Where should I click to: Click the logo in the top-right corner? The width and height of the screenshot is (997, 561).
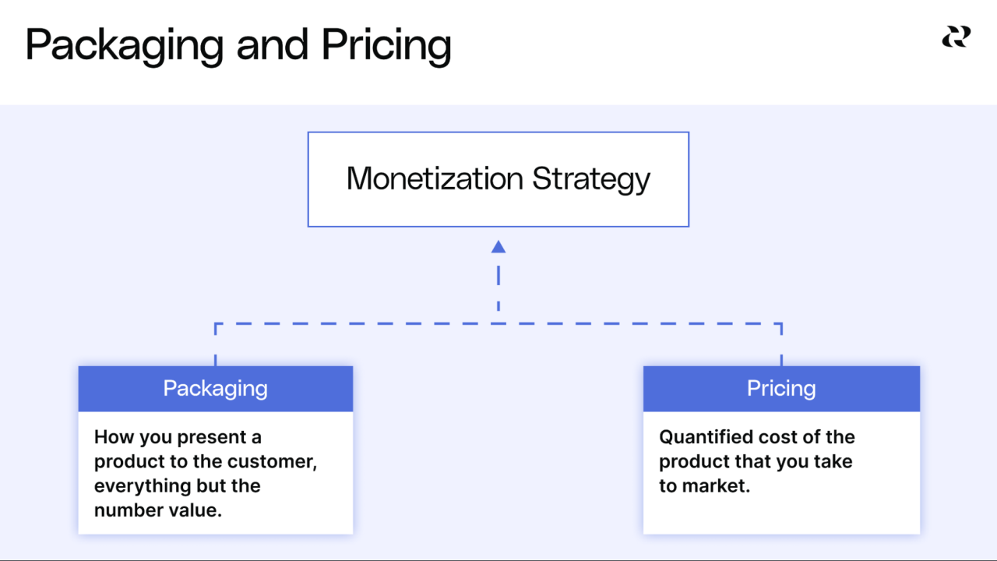pos(956,37)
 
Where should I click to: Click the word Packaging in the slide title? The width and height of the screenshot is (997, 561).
pos(124,46)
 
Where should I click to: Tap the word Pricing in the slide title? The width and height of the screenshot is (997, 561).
pos(386,46)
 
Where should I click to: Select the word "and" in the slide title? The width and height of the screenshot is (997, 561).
pos(272,44)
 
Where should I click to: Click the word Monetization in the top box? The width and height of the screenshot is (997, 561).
pos(435,178)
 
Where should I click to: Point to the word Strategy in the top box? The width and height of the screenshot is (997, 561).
pos(591,180)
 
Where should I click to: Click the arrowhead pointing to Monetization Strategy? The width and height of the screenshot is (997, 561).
pos(498,247)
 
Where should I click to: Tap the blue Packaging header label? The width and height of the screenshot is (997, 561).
pos(215,388)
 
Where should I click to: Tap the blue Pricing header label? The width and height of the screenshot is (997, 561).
pos(781,388)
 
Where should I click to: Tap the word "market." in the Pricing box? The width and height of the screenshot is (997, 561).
pos(717,486)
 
